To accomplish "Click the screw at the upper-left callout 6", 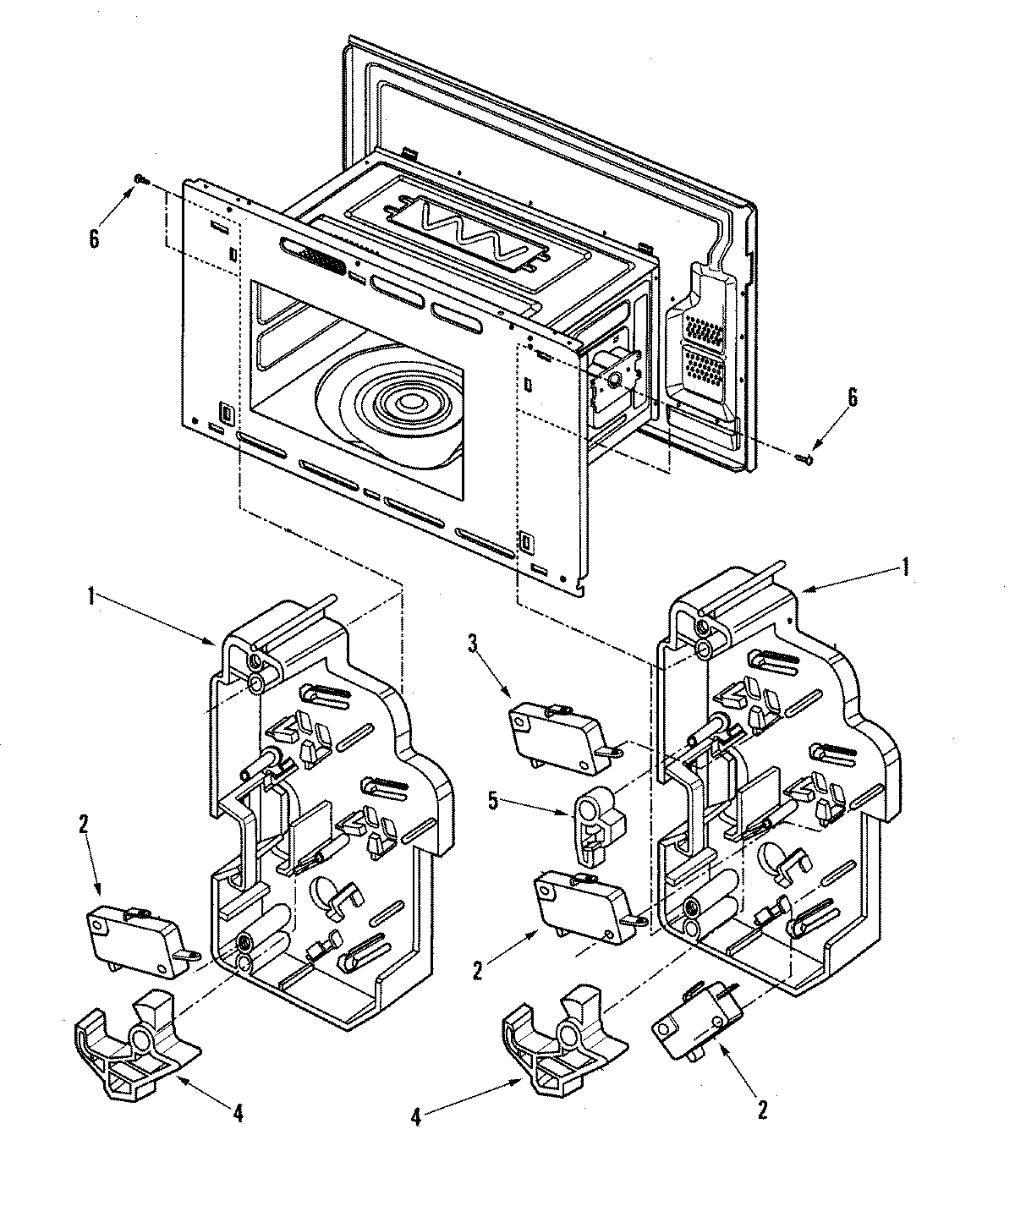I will (140, 179).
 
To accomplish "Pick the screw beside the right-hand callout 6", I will (804, 458).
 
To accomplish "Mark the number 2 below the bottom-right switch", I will (761, 1110).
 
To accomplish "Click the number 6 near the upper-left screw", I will (94, 238).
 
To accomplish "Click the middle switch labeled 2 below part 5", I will (581, 907).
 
